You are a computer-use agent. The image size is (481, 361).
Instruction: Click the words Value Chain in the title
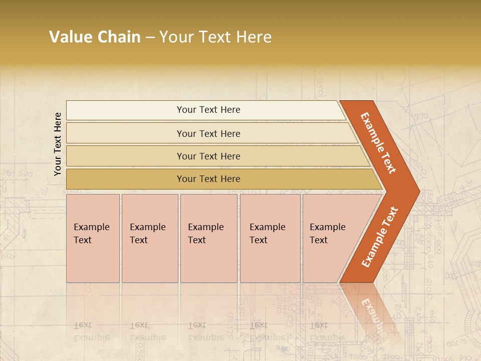click(95, 37)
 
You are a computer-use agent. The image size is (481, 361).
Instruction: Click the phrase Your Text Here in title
click(215, 37)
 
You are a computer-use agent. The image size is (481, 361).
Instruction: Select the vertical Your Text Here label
click(58, 144)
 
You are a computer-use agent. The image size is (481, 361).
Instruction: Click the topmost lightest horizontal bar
click(208, 110)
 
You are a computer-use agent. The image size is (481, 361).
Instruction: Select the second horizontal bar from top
click(208, 133)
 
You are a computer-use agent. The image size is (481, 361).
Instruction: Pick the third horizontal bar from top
click(208, 156)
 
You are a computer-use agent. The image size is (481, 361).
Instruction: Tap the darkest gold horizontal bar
click(208, 179)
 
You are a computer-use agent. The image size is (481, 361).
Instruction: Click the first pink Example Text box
click(93, 238)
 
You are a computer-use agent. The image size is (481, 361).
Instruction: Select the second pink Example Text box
click(149, 238)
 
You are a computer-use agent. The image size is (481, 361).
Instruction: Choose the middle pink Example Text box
click(208, 238)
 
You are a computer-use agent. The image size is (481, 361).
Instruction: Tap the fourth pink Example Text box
click(270, 238)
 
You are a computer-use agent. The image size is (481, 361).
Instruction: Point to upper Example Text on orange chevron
click(379, 143)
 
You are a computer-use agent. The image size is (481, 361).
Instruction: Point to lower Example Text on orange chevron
click(380, 237)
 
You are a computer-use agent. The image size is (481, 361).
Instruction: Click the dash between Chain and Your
click(150, 37)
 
